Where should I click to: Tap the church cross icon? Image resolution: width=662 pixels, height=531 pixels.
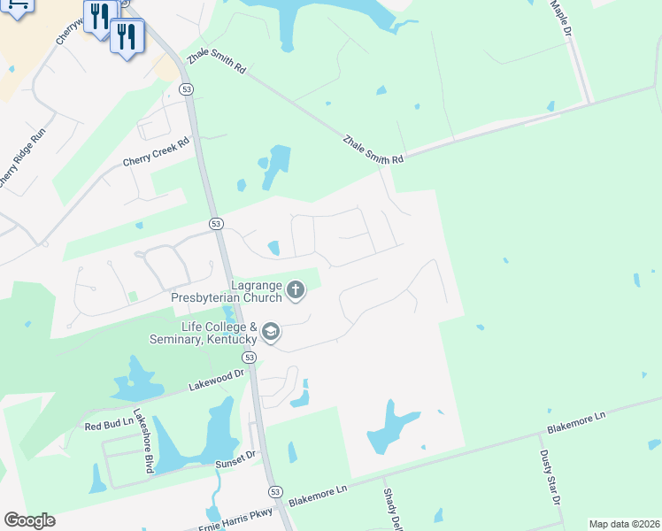pos(296,289)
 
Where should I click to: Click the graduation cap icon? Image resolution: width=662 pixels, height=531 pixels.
pos(271,333)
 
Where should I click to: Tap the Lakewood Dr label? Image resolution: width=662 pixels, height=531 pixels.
pos(215,381)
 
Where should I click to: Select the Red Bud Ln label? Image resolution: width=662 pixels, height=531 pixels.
pos(108,425)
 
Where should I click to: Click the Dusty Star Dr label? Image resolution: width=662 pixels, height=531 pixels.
pos(550,477)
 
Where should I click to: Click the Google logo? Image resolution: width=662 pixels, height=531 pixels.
pos(29,520)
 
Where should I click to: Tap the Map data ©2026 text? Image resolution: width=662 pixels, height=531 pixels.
pos(624,524)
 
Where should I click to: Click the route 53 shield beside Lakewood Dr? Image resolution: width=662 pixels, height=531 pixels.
pos(250,358)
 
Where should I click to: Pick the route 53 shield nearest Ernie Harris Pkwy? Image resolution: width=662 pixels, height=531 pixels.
pos(276,491)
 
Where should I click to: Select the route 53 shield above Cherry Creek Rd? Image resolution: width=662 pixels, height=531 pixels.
pos(186,89)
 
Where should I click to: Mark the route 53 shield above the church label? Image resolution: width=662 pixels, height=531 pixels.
pos(216,225)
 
